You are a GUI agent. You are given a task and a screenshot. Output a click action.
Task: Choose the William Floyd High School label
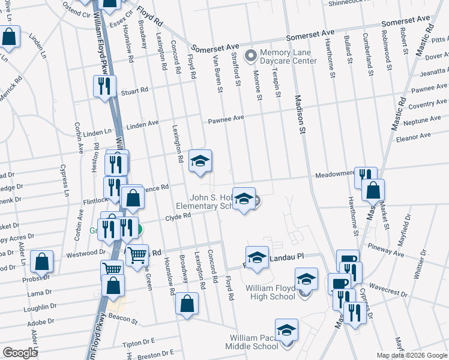point(270,292)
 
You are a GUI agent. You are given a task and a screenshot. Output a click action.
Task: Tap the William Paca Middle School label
point(252,342)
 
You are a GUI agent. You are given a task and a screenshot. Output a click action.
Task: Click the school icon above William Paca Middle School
point(286,329)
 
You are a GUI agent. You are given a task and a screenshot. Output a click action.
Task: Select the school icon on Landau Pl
point(257,257)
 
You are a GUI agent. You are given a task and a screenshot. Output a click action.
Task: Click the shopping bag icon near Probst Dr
point(42,262)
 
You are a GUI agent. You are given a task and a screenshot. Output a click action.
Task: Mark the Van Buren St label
point(218,74)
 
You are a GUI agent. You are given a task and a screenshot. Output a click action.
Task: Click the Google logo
point(20,353)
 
